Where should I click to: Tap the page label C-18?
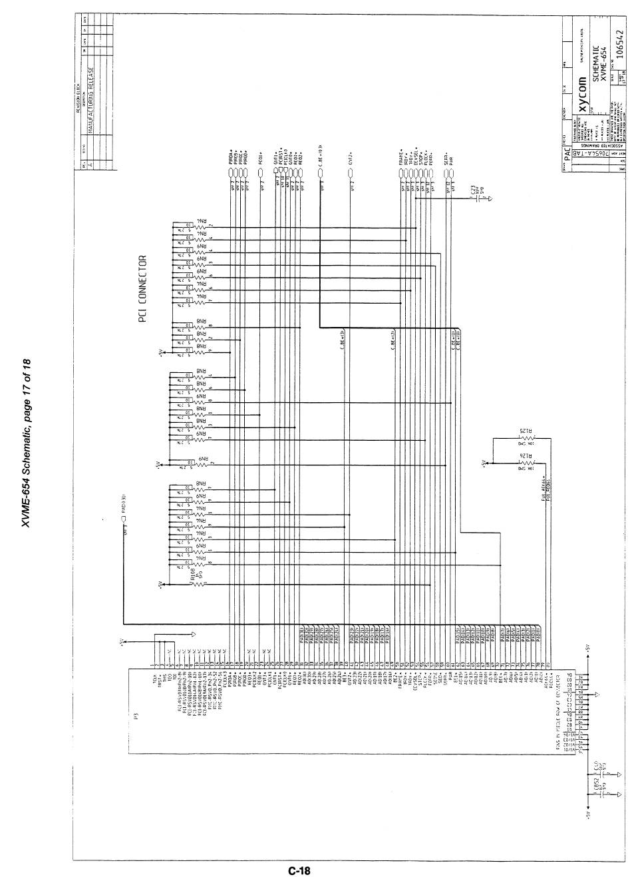(x=299, y=869)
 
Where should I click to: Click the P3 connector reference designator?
(x=134, y=717)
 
